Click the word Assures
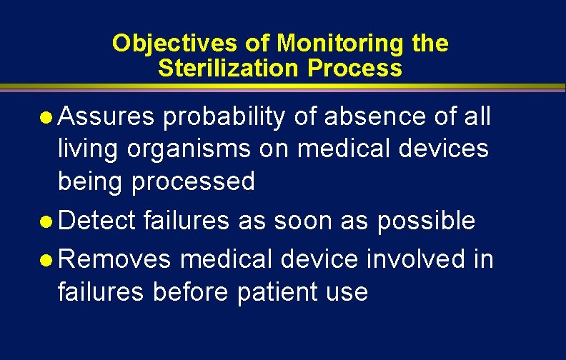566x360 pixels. click(x=105, y=117)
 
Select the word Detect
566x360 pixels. click(x=97, y=221)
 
